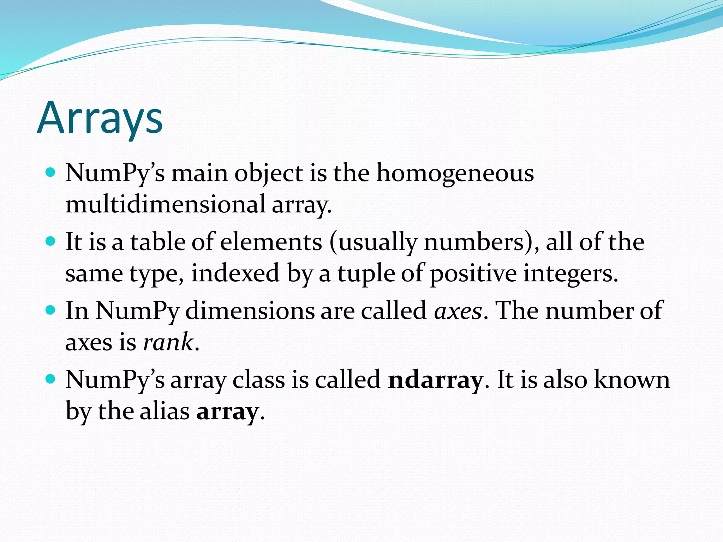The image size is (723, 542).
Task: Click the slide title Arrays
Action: pos(100,118)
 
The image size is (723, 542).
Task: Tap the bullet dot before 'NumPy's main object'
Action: pos(51,173)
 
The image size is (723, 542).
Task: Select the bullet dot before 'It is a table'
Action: pos(51,241)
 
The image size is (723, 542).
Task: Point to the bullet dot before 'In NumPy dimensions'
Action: pos(51,310)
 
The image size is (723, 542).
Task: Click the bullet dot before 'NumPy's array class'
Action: pos(51,379)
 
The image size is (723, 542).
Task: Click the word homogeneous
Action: pos(455,173)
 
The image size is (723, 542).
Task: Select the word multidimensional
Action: pos(166,204)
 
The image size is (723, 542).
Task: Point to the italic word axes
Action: pos(458,311)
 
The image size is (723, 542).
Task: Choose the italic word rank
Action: pos(168,342)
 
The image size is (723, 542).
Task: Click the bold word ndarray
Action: pos(435,380)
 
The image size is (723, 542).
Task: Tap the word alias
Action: pos(165,411)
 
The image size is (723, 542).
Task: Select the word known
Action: pos(632,380)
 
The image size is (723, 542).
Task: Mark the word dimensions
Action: pos(250,311)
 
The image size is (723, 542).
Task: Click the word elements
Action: pos(271,242)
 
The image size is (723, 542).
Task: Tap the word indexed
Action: pos(235,273)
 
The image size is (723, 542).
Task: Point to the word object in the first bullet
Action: pos(269,173)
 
